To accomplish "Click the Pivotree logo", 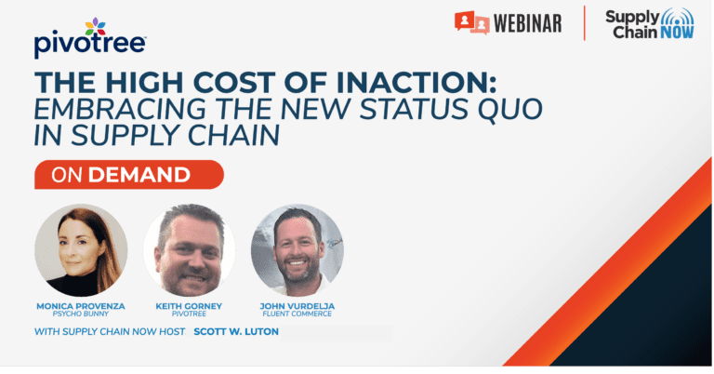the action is click(x=90, y=38).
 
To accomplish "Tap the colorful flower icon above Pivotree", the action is click(x=95, y=27).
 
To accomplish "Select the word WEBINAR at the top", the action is click(x=527, y=23).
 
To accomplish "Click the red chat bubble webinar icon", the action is click(x=471, y=22).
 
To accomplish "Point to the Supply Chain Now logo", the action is click(x=649, y=24).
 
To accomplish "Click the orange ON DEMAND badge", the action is click(x=129, y=175).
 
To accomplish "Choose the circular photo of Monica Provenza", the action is click(x=81, y=250).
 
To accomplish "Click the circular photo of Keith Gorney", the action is click(x=190, y=250).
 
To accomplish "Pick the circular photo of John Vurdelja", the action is click(x=297, y=250).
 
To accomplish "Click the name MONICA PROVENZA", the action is click(x=81, y=306).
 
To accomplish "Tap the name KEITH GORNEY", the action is click(x=189, y=306).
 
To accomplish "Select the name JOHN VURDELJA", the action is click(x=297, y=306).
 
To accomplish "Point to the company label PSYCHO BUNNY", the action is click(x=81, y=314).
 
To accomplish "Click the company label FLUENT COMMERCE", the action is click(x=297, y=314).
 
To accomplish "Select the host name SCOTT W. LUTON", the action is click(x=236, y=331).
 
